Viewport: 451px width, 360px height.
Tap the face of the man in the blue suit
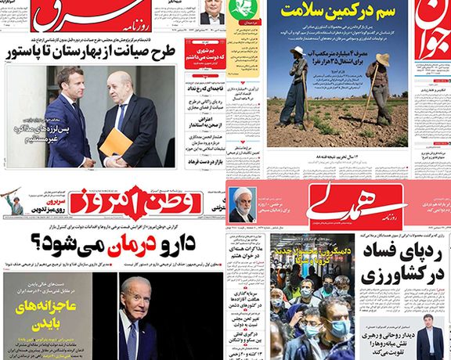coord(68,84)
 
